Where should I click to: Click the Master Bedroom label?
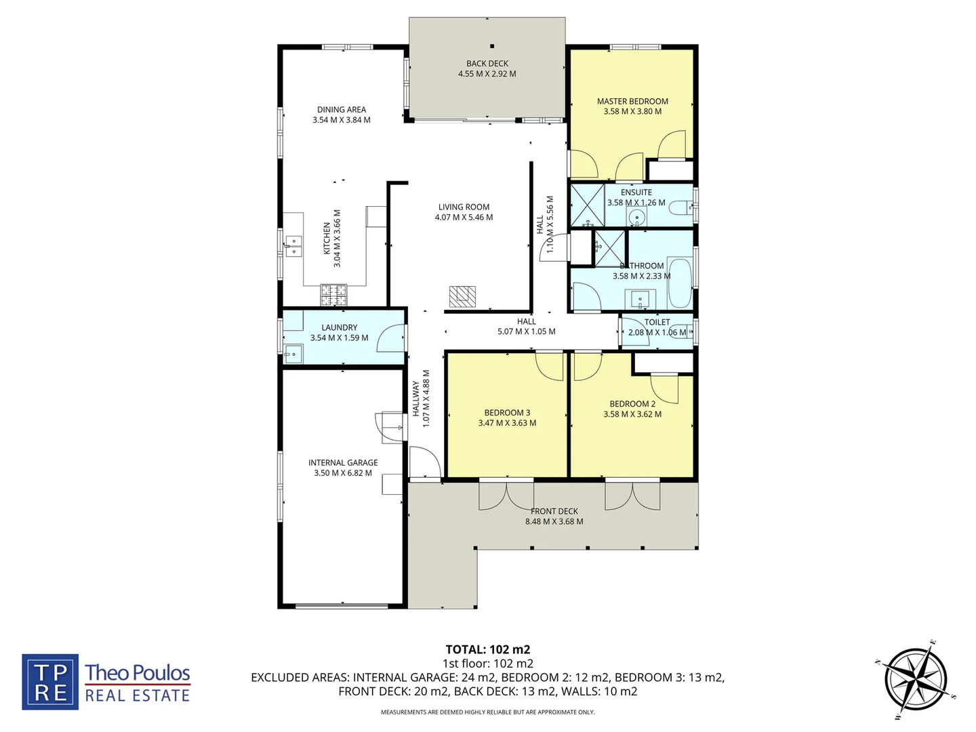[x=632, y=101]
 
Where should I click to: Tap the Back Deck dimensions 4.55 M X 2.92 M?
[x=487, y=74]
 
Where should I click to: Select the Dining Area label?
[x=342, y=109]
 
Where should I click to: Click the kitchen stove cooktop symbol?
[x=333, y=294]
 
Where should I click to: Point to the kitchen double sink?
[x=293, y=246]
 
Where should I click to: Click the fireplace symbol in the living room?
[x=462, y=296]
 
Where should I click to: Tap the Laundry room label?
[x=340, y=327]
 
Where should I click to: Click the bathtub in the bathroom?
[x=679, y=282]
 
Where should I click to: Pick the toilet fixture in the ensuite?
[x=680, y=209]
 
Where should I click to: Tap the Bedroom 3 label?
[x=507, y=412]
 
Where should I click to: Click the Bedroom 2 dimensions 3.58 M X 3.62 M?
[x=632, y=414]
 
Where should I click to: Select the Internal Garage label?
[x=343, y=462]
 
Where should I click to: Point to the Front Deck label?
[x=554, y=511]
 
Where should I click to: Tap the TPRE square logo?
[x=50, y=682]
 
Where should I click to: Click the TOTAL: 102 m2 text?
[x=487, y=649]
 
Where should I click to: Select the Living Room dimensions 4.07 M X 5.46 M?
[x=464, y=218]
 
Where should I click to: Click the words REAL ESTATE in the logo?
[x=138, y=696]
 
